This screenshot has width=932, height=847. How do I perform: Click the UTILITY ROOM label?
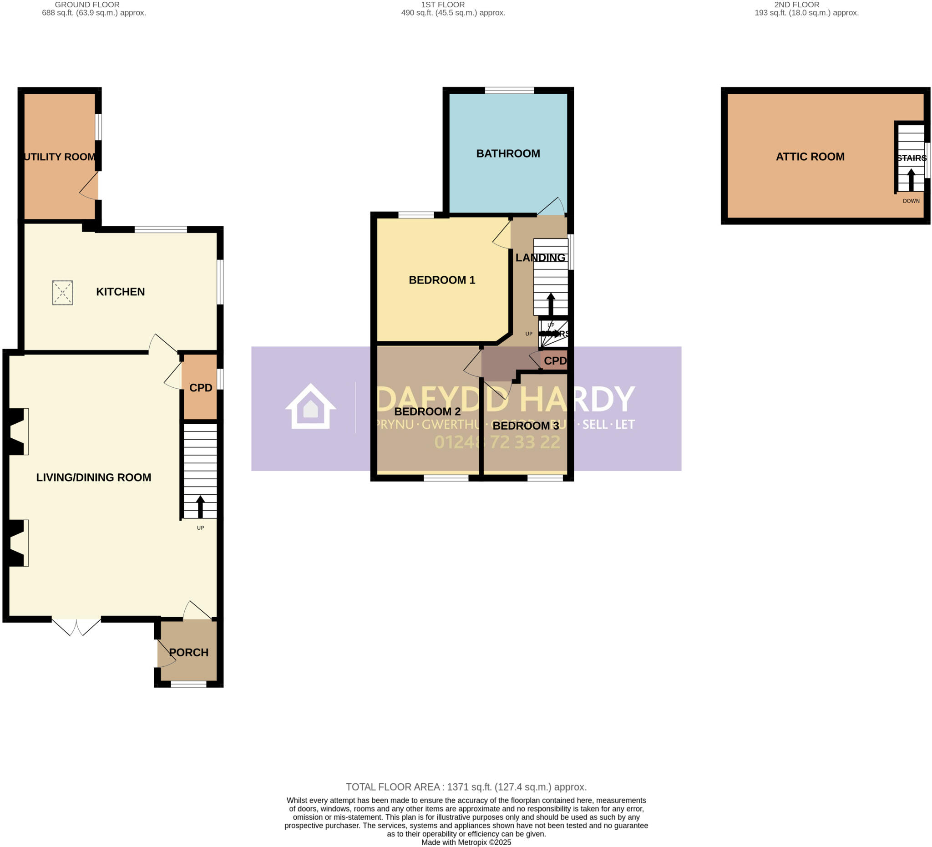point(60,157)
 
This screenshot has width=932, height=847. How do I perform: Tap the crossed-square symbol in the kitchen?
point(62,293)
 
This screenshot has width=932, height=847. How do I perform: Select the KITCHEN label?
point(120,292)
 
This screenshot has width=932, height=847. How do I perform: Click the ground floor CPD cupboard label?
point(201,388)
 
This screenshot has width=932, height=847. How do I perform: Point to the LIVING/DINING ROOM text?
point(93,477)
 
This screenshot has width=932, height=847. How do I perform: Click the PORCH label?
point(188,652)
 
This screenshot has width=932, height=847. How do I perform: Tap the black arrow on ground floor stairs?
point(200,507)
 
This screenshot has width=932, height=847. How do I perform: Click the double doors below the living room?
point(76,626)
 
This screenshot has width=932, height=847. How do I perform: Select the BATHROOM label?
point(508,153)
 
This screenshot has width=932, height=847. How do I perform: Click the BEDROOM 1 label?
point(442,280)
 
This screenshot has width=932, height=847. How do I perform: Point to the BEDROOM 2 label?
point(427,411)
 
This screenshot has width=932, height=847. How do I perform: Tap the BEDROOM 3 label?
point(526,426)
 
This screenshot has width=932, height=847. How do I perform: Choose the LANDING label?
point(541,258)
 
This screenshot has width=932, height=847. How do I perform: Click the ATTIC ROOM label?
point(810,157)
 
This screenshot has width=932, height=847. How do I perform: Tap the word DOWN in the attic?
point(911,201)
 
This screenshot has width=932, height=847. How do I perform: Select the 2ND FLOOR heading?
point(796,5)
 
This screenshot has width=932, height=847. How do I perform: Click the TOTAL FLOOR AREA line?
point(466,787)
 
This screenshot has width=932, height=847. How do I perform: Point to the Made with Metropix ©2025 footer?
point(466,842)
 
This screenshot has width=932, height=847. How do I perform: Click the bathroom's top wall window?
point(509,90)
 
